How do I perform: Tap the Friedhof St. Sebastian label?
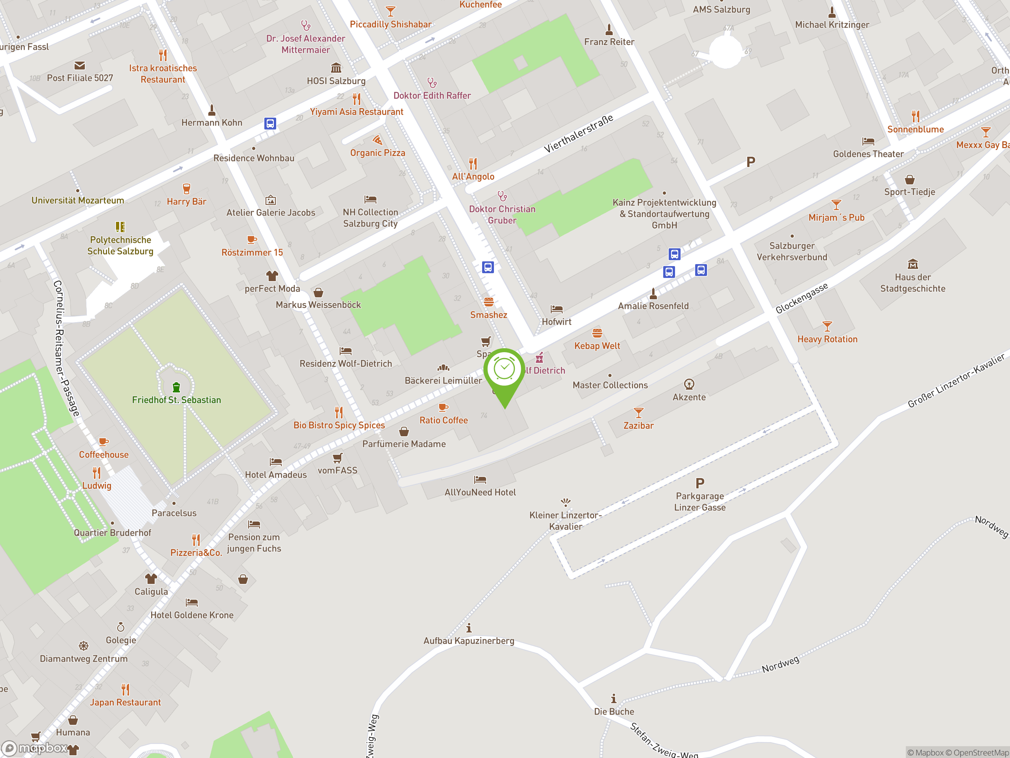(x=176, y=400)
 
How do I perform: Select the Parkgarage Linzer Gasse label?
(x=700, y=501)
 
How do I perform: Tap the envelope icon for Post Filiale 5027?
(x=79, y=65)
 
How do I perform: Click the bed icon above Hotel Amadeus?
(x=275, y=462)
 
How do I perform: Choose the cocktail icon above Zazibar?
(x=638, y=413)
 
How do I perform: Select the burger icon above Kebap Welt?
(x=597, y=333)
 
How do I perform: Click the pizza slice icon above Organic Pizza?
(x=377, y=140)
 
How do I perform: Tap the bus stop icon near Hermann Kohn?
(x=270, y=123)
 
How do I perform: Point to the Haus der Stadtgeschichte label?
(x=912, y=283)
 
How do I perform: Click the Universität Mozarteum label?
(x=78, y=200)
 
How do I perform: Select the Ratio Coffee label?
(x=443, y=420)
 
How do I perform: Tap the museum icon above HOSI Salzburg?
(x=336, y=68)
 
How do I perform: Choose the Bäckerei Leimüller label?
(x=443, y=380)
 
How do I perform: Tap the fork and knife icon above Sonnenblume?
(x=915, y=116)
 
